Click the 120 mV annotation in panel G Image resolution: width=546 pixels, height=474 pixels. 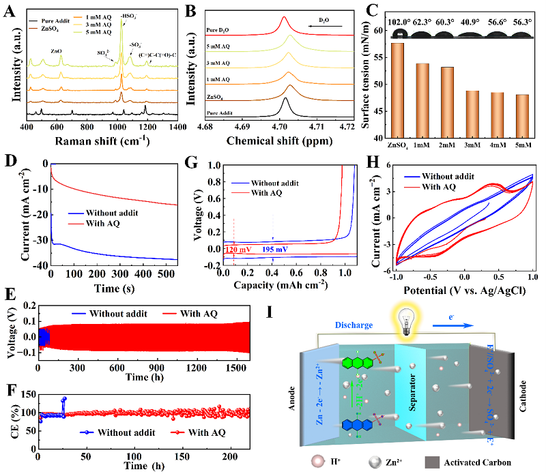pyautogui.click(x=238, y=250)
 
